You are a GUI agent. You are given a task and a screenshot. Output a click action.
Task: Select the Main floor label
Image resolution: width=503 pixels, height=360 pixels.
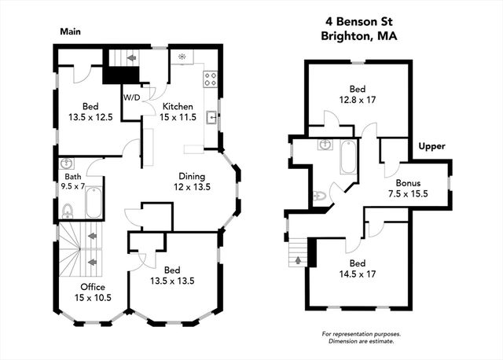(x=72, y=32)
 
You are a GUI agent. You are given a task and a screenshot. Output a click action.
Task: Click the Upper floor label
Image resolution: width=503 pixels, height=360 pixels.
(x=431, y=147)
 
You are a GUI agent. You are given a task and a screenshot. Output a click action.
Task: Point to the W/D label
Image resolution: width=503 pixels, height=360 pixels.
(x=131, y=97)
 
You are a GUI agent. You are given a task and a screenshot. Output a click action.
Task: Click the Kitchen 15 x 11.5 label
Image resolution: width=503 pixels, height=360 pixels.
(x=177, y=111)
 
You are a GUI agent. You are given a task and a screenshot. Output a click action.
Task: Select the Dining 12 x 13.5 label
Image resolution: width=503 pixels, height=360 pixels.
(x=192, y=182)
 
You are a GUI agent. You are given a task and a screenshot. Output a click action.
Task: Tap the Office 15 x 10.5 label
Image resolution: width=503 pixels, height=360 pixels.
(x=92, y=292)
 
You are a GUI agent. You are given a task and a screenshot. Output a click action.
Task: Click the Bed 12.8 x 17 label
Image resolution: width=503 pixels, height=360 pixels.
(x=358, y=94)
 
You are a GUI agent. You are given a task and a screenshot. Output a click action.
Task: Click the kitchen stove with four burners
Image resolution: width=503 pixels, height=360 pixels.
(x=211, y=78)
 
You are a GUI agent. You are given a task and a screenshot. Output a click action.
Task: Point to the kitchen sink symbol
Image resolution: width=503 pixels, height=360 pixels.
(x=211, y=119)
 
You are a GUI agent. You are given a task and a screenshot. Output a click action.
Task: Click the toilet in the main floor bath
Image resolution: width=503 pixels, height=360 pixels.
(x=68, y=210)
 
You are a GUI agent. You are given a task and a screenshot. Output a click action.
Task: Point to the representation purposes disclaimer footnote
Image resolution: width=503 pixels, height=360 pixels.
(x=358, y=337)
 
